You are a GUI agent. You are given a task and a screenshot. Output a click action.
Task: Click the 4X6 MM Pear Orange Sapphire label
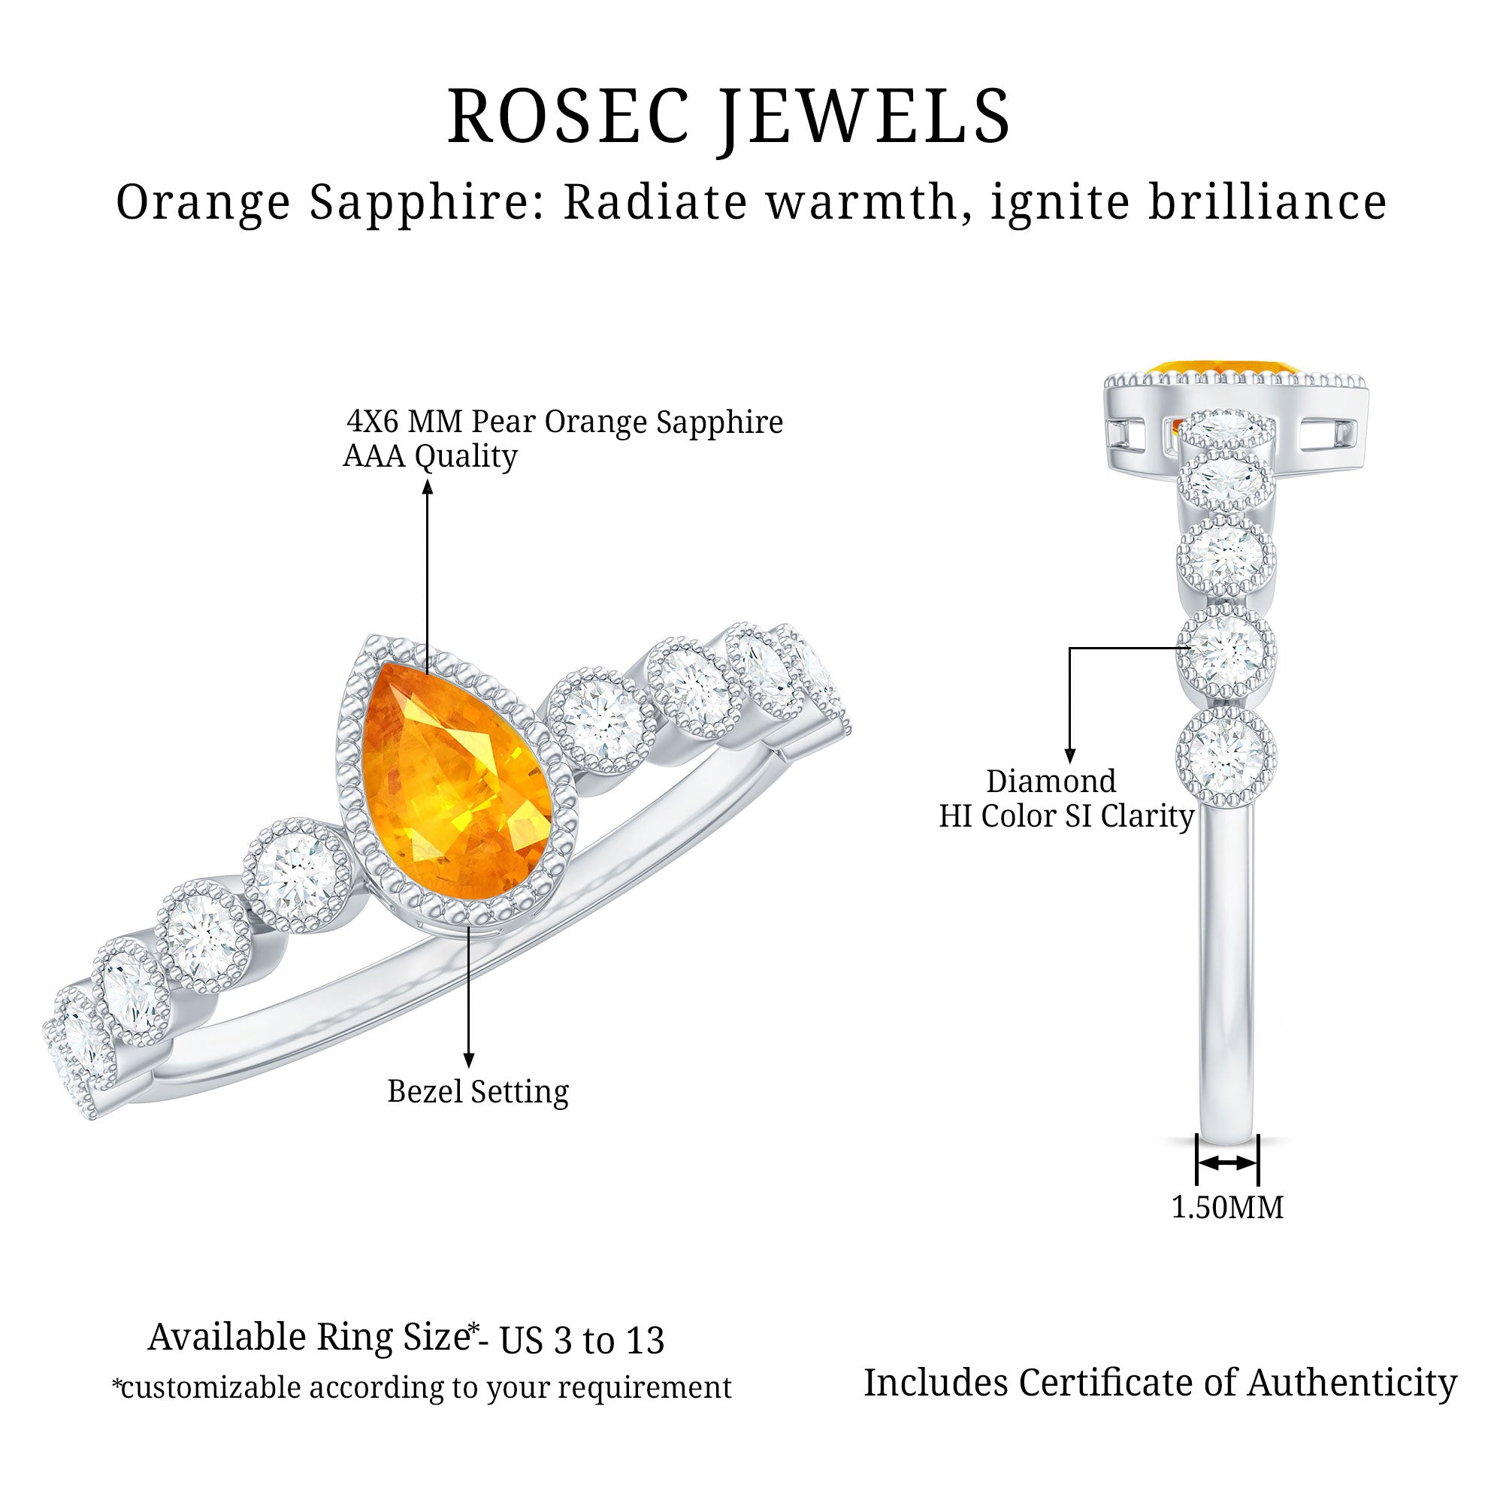565,422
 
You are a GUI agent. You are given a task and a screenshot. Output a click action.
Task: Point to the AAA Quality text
430,457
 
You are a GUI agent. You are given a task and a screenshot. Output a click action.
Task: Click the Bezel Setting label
478,1092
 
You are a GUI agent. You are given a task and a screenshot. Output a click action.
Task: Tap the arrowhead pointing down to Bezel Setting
468,1060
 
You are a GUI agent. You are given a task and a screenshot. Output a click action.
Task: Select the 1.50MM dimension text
1228,1208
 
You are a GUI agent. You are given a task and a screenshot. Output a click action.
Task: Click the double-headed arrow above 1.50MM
1228,1184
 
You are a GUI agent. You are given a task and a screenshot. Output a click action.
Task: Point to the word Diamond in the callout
1051,781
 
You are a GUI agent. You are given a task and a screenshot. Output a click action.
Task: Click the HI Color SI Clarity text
1066,816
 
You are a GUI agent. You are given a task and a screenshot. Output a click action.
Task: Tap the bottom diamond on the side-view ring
1227,756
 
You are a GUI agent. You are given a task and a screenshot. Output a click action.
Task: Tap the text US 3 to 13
582,1341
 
